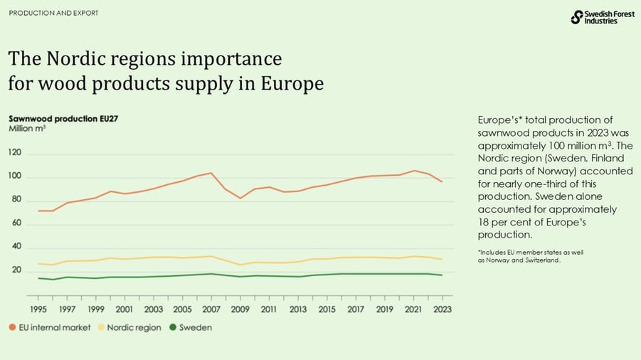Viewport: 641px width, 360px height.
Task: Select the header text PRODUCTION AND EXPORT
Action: coord(53,14)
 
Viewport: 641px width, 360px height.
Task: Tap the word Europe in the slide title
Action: coord(292,84)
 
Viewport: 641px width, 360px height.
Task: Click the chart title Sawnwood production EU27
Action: coord(63,118)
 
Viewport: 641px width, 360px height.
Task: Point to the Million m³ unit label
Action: coord(27,129)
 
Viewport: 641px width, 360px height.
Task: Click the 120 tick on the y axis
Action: coord(15,153)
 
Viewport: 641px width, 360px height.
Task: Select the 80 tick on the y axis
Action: coord(15,200)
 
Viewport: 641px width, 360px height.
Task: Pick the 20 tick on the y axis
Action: coord(15,270)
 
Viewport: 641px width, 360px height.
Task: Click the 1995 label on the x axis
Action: coord(39,309)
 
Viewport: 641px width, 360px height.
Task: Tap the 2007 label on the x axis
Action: coord(211,309)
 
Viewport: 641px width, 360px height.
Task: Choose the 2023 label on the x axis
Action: coord(442,309)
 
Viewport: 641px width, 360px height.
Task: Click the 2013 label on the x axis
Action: coord(298,309)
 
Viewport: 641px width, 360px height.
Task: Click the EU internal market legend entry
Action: coord(49,328)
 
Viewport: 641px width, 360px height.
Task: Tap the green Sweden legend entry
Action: coord(191,328)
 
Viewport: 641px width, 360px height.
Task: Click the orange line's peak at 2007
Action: coord(211,173)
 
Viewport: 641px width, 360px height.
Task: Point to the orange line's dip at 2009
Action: coord(240,198)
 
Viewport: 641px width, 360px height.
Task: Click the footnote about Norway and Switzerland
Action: coord(529,256)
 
